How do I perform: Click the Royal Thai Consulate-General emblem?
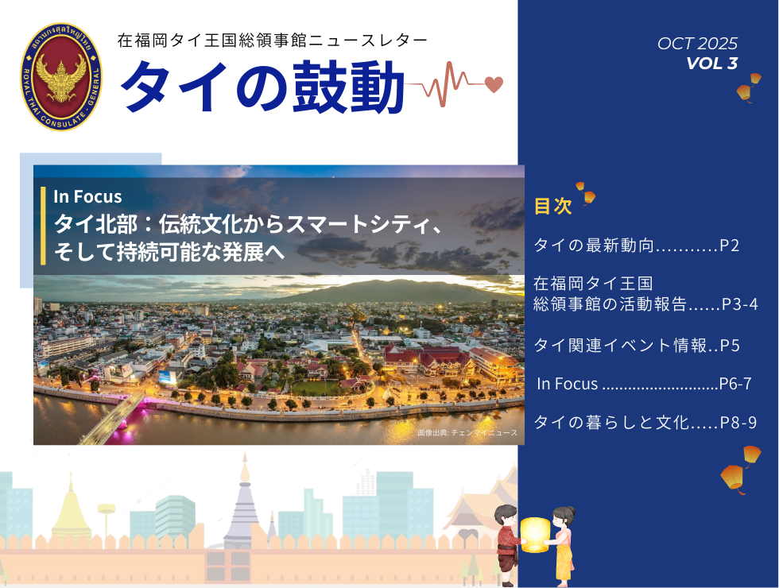coord(61,77)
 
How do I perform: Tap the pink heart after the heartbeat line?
coord(494,84)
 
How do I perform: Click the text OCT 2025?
coord(697,44)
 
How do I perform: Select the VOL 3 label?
coord(712,63)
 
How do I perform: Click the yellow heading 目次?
coord(553,206)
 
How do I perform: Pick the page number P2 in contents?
coord(730,246)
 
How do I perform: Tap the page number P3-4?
coord(740,304)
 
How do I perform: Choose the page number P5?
coord(730,345)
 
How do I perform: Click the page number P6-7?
coord(735,383)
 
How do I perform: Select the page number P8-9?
coord(738,422)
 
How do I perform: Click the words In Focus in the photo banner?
coord(87,197)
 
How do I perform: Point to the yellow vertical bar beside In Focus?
coord(43,226)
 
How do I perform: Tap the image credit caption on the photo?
coord(467,433)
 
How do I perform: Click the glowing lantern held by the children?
coord(535,535)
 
